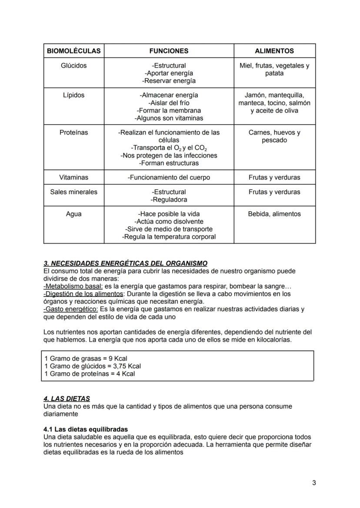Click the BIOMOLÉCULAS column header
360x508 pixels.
(x=73, y=51)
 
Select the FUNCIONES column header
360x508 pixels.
(x=169, y=51)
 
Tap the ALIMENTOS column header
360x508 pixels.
(x=274, y=51)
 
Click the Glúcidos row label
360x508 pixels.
(x=73, y=66)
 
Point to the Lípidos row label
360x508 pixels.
(x=73, y=95)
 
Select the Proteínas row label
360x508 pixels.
(x=73, y=133)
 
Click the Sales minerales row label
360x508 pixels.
(x=73, y=192)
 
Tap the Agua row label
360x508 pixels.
(x=73, y=214)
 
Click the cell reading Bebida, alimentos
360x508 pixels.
(x=274, y=214)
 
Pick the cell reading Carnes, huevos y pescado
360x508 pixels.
(x=274, y=136)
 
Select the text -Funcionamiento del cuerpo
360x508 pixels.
(x=169, y=177)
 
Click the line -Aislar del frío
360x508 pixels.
(x=169, y=103)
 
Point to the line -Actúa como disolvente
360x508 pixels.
(x=169, y=222)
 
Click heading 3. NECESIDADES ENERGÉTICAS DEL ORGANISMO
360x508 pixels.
(x=125, y=263)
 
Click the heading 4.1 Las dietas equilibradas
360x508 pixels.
(x=86, y=429)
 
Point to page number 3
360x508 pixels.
(x=314, y=483)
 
